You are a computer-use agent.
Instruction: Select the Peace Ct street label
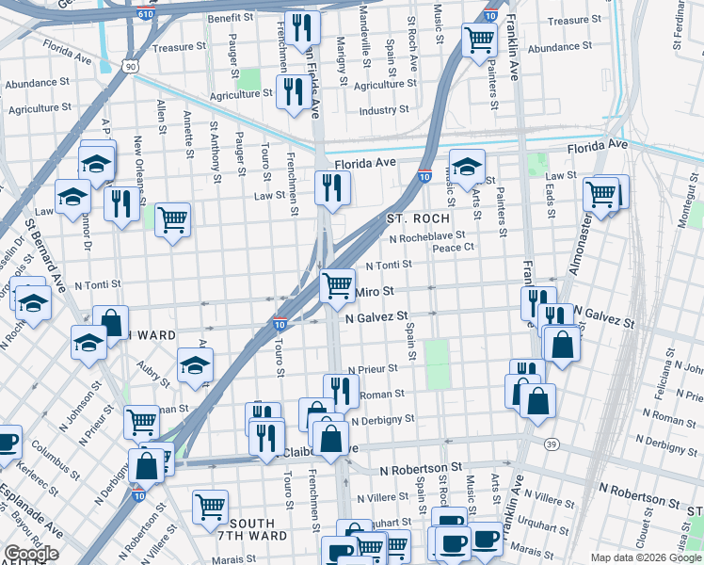pos(452,249)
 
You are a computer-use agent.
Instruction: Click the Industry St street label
pos(383,110)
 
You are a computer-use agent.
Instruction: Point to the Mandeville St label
pos(365,28)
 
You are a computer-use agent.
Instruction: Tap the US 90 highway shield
pos(130,65)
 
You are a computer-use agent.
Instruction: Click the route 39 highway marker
pos(552,444)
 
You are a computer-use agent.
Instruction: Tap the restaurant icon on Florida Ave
pos(332,187)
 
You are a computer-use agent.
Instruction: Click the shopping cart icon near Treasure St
pos(479,40)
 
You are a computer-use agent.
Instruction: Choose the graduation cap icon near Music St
pos(467,167)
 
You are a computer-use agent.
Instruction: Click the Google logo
pos(30,554)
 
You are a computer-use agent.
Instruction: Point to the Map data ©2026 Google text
pos(645,557)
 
